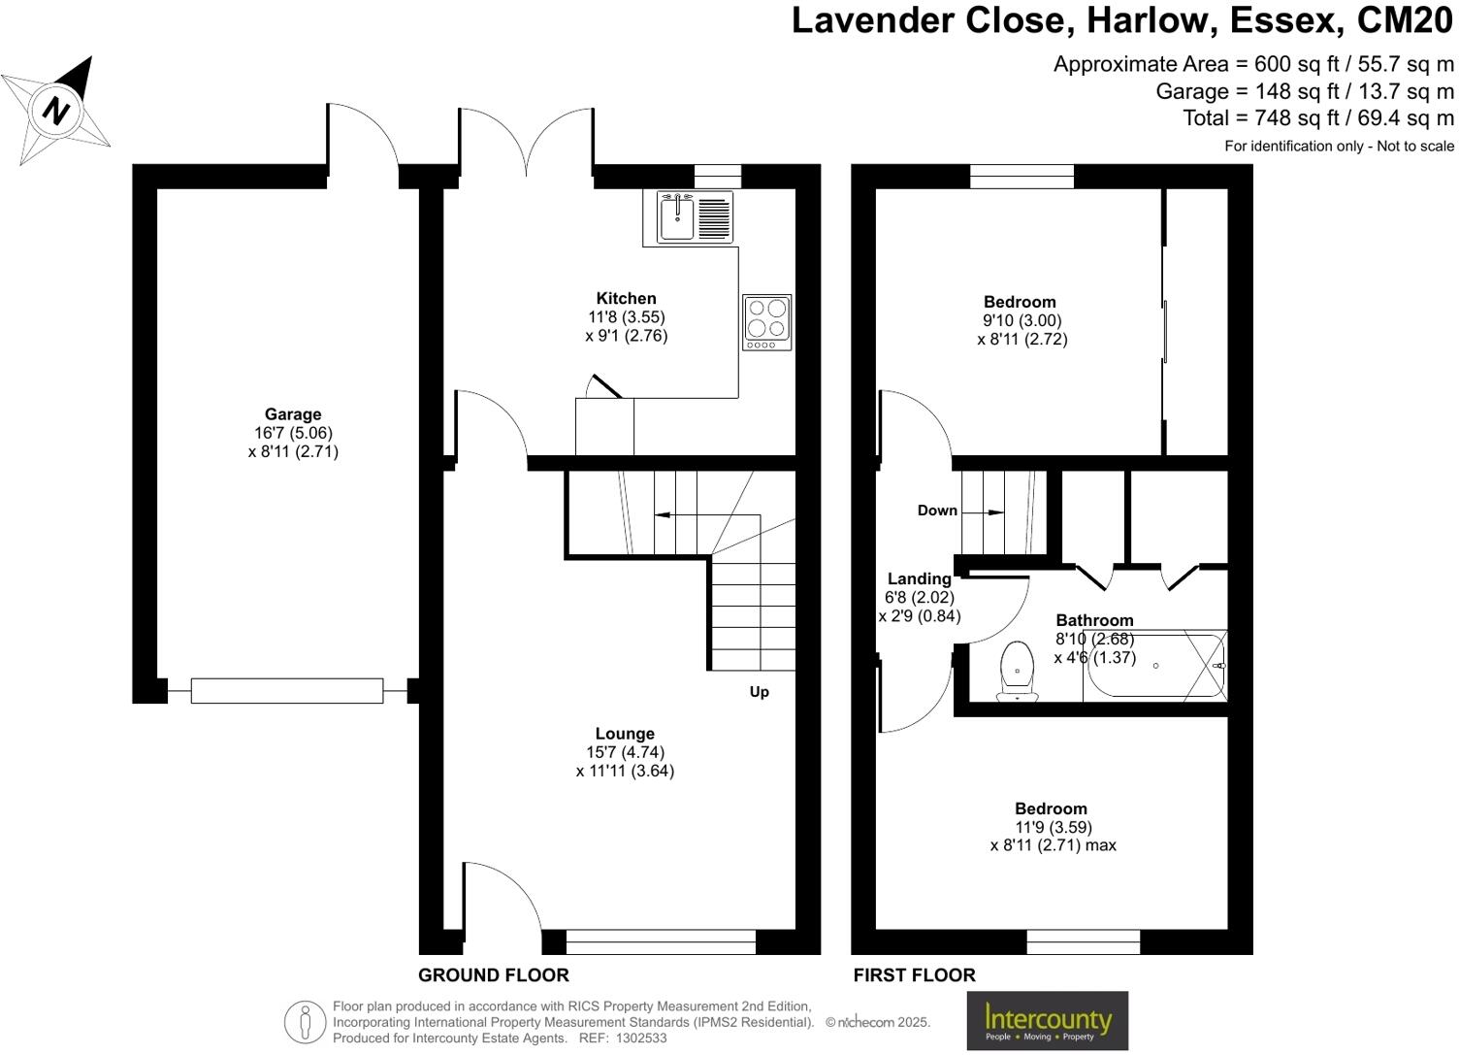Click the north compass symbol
(x=57, y=110)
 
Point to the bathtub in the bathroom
(x=1154, y=666)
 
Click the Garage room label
(x=293, y=414)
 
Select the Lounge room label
(x=625, y=734)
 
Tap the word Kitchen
(x=626, y=298)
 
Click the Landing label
(x=919, y=579)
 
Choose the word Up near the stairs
(x=759, y=692)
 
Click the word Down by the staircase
(x=937, y=511)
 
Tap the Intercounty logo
(x=1048, y=1020)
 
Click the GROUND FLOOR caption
(x=494, y=975)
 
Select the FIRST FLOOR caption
(x=914, y=975)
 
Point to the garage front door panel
(x=287, y=691)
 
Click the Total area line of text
(x=1317, y=117)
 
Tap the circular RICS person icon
(x=305, y=1022)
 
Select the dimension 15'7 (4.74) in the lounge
(x=625, y=752)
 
